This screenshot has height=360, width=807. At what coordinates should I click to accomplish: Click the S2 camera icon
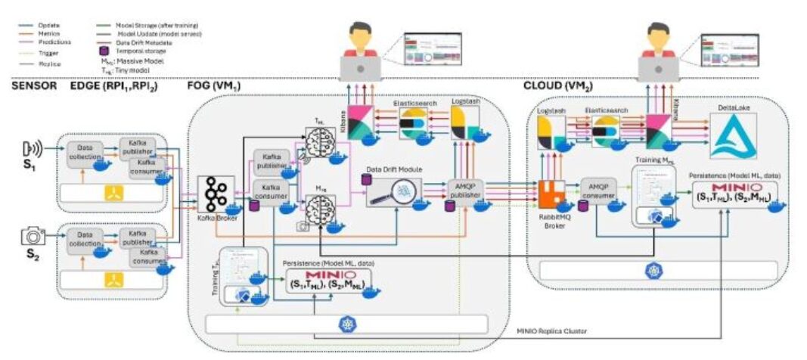pos(33,237)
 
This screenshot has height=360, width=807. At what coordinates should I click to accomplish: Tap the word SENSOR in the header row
pos(34,86)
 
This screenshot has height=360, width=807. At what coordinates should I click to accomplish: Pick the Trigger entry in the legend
pos(49,52)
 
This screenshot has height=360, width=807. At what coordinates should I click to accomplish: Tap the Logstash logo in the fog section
pos(463,121)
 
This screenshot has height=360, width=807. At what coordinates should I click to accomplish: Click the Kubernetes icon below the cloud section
pos(649,271)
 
